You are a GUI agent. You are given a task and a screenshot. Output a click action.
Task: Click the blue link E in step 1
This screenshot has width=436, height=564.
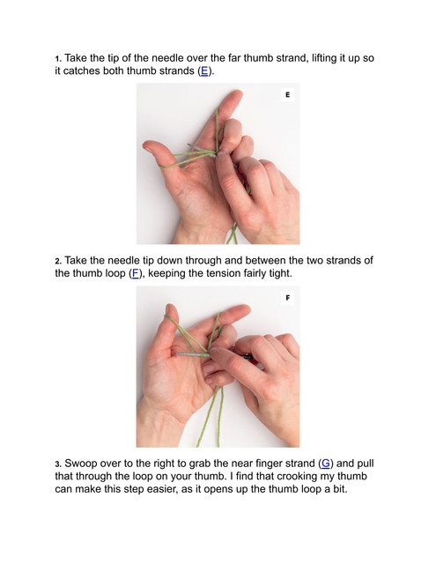point(204,70)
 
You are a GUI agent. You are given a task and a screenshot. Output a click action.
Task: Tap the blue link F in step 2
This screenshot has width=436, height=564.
point(135,273)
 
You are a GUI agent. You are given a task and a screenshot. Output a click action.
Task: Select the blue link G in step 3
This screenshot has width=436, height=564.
point(325,464)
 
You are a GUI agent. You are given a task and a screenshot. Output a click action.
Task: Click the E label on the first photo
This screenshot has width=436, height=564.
point(287,94)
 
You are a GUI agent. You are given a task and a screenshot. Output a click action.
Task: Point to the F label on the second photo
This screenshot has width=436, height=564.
point(287,298)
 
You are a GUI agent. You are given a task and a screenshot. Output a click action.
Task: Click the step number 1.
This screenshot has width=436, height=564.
point(58,58)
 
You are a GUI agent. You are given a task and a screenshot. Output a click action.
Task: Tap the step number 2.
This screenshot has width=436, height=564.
point(58,261)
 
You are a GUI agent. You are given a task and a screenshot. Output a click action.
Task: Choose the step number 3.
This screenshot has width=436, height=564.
point(58,464)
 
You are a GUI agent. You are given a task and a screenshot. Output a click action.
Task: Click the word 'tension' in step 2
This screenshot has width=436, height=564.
point(223,273)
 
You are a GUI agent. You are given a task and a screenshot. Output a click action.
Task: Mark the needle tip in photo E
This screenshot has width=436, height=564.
point(188,145)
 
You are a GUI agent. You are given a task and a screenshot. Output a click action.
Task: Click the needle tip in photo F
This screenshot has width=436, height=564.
point(175,354)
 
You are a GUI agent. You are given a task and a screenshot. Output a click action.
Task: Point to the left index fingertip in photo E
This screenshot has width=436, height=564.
point(236,95)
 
